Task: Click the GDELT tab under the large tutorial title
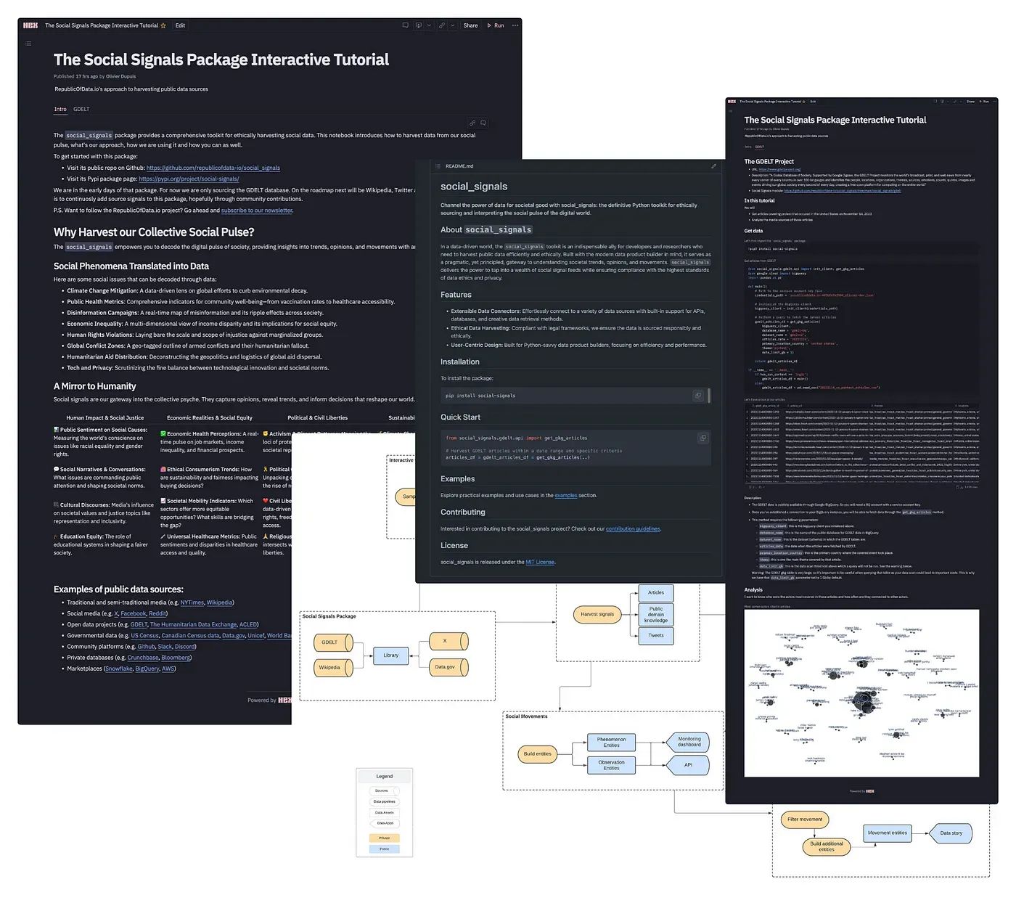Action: click(81, 110)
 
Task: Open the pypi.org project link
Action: click(189, 179)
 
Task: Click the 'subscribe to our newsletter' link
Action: click(256, 211)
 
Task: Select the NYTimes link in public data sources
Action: click(192, 602)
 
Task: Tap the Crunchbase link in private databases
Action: click(143, 658)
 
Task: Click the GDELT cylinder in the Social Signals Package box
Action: click(332, 642)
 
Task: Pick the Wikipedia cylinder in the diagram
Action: click(332, 667)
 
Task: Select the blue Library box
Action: click(390, 655)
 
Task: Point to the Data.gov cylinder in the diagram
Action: click(446, 666)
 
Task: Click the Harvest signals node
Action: click(597, 614)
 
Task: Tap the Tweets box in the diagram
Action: click(656, 635)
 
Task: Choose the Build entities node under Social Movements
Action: click(538, 753)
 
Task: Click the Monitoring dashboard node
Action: click(689, 742)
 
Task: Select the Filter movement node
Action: click(805, 820)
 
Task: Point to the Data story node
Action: click(951, 833)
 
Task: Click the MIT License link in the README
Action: click(540, 562)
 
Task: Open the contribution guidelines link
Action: click(633, 528)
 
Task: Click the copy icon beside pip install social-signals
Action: click(698, 396)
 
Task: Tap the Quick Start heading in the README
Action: click(460, 417)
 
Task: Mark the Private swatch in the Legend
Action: click(385, 838)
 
